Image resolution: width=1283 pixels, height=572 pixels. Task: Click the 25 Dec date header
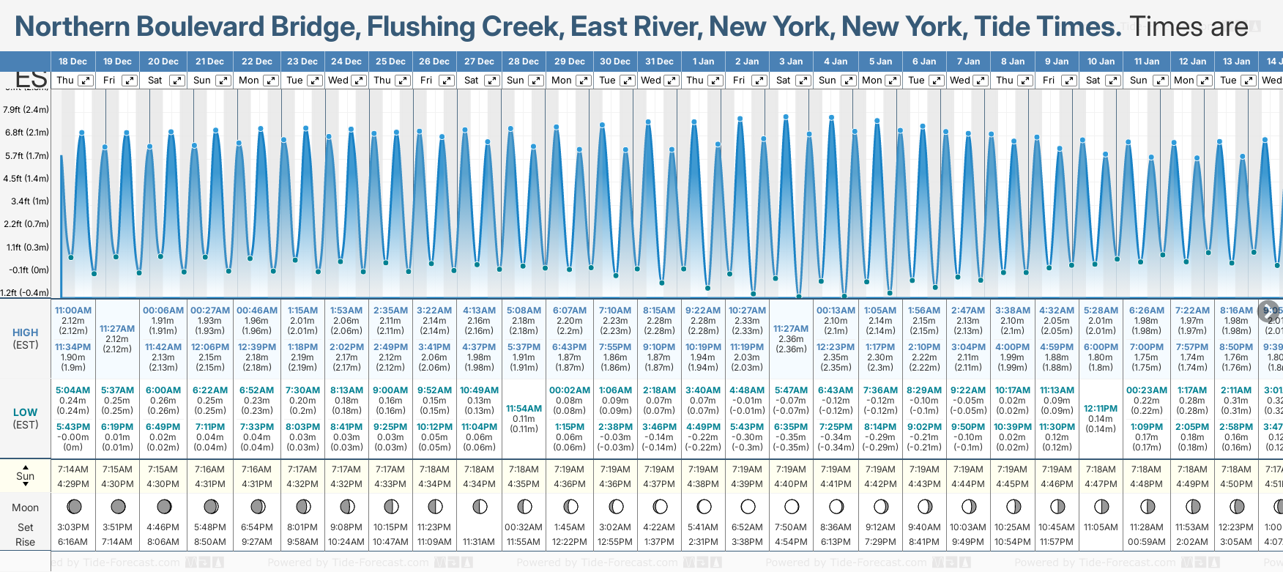(390, 62)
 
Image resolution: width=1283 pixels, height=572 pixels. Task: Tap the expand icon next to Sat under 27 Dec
(492, 81)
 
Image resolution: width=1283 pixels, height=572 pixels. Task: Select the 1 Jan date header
(703, 62)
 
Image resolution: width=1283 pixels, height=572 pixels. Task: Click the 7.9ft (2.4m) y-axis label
(26, 110)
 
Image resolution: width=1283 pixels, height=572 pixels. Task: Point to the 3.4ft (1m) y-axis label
(30, 201)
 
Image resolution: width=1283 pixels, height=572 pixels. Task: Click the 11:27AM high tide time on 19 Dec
(117, 329)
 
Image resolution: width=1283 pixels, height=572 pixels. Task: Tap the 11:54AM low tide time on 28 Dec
(524, 409)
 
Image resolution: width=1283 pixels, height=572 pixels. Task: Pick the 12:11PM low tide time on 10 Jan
(1101, 409)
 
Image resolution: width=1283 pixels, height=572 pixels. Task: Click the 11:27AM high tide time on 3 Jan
(791, 329)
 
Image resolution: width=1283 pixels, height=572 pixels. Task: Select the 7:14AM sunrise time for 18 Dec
(73, 469)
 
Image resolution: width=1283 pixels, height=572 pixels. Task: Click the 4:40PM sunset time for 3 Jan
(792, 484)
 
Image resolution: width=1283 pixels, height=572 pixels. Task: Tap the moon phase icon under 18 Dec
(73, 506)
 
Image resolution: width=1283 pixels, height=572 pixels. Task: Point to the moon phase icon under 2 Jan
(748, 506)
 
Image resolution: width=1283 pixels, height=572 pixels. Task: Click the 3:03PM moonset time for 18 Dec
(73, 527)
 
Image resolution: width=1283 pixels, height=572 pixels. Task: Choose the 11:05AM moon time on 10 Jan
(1101, 527)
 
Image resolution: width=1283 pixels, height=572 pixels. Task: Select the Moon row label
(25, 508)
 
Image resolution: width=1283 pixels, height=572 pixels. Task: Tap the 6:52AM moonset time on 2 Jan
(748, 527)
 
